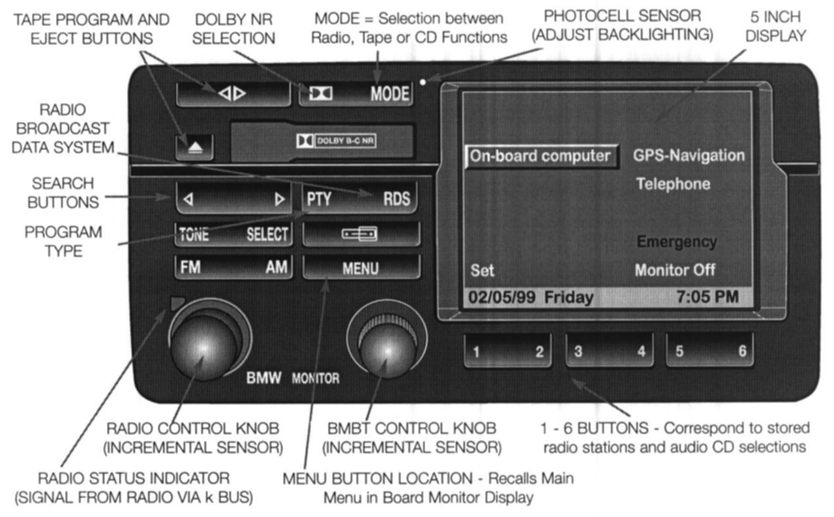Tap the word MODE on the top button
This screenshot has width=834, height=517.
click(389, 95)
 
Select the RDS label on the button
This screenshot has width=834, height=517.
click(396, 199)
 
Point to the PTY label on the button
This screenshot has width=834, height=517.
click(319, 199)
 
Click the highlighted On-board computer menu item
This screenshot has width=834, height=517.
click(541, 156)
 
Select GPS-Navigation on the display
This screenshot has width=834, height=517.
click(689, 156)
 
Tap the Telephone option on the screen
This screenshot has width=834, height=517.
click(673, 184)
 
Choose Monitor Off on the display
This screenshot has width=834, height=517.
click(675, 269)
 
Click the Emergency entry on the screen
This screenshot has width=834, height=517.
click(676, 242)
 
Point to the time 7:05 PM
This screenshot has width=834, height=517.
click(707, 297)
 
